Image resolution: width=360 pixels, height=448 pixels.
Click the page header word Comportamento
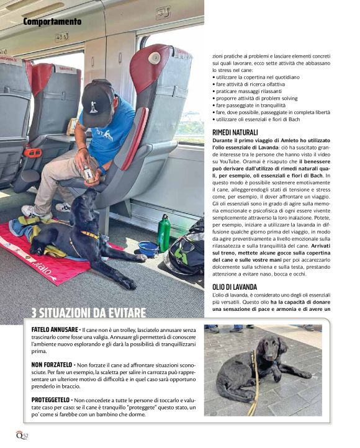52,22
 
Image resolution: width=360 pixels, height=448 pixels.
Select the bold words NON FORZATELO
52,364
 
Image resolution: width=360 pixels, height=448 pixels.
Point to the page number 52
25,434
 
